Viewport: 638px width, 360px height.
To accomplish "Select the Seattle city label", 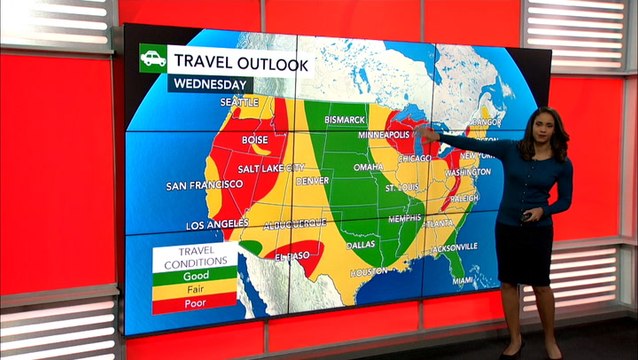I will tap(239, 102).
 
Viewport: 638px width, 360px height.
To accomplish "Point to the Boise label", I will tap(255, 140).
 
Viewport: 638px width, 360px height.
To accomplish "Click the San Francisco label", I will tap(204, 185).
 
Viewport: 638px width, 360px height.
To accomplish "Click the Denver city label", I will tap(313, 180).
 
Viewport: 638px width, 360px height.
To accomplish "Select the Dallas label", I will tap(361, 244).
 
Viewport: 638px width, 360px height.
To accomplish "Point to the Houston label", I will tap(368, 271).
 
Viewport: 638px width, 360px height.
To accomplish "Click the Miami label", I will tap(462, 281).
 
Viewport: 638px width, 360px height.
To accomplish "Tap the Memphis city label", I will tap(405, 218).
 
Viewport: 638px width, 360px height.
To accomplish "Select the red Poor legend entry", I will tap(194, 302).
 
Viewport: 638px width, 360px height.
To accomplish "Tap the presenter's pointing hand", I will tap(425, 133).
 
